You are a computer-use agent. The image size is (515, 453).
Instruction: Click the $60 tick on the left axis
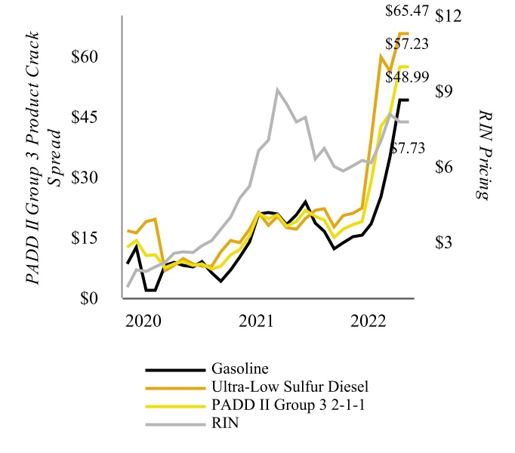tap(94, 57)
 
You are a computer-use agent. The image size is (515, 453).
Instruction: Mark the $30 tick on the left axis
tap(94, 178)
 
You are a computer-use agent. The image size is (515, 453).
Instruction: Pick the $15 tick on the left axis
tap(94, 239)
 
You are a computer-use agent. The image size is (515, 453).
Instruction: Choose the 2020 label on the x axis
tap(143, 319)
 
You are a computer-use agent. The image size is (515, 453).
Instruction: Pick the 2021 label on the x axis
tap(257, 319)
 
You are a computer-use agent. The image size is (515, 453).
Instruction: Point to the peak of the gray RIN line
tap(278, 90)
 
